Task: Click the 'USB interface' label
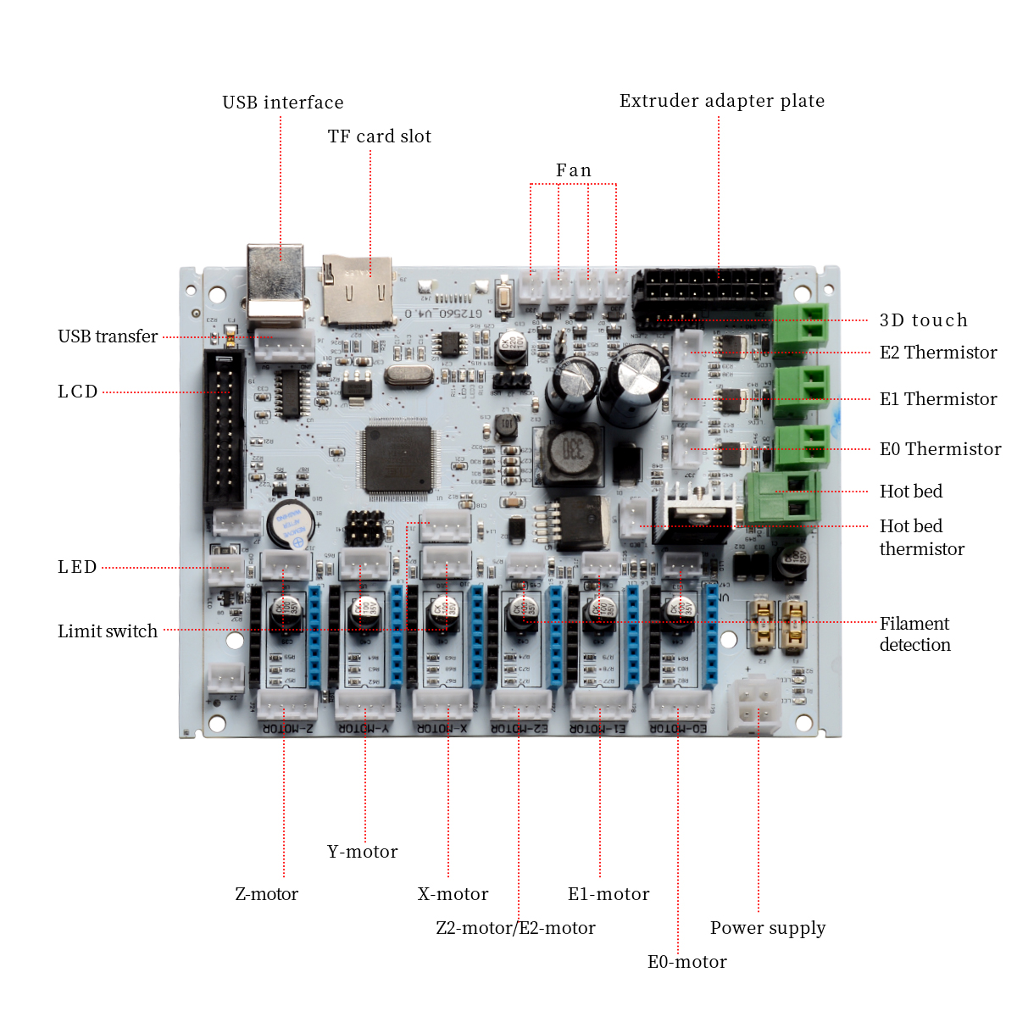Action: tap(282, 103)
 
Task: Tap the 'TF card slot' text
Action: tap(379, 136)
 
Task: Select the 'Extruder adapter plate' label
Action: tap(721, 101)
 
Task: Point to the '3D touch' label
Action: tap(923, 320)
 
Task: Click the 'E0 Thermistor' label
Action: tap(940, 449)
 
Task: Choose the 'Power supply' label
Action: tap(767, 928)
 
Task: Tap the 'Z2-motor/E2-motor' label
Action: tap(515, 928)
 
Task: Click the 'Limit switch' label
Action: tap(108, 631)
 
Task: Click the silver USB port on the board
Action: tap(275, 284)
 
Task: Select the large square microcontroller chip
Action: tap(398, 459)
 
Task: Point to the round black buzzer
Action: tap(291, 525)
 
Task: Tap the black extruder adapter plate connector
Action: tap(706, 296)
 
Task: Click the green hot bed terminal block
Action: tap(782, 498)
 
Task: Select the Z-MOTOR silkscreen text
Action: tap(287, 728)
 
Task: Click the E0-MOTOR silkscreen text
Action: tap(678, 728)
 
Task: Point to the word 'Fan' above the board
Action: tap(573, 170)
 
